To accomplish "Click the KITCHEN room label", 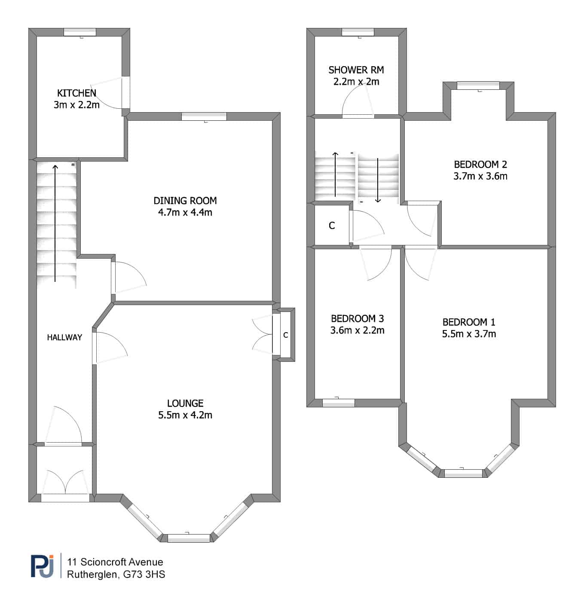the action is click(76, 93).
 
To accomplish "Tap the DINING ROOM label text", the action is click(185, 201).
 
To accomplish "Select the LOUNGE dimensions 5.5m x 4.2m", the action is click(185, 415).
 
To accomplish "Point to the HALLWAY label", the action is click(64, 337).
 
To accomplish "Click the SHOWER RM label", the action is click(356, 70).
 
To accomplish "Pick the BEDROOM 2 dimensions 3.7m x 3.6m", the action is click(480, 176).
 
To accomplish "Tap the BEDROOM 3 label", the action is click(358, 318).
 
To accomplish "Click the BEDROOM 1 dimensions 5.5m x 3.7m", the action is click(469, 334).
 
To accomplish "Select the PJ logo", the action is click(43, 566).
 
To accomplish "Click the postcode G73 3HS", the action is click(144, 575).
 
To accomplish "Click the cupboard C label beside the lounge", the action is click(286, 335).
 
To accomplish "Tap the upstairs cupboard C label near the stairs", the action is click(332, 226).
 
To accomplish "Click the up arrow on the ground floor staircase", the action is click(55, 223).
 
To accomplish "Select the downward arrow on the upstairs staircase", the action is click(378, 180).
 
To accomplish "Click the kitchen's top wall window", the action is click(80, 32).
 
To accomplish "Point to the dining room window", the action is click(204, 116).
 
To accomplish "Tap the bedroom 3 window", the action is click(339, 403).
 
